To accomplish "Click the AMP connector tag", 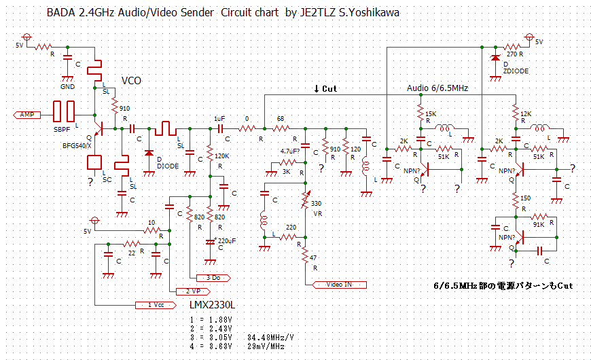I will tap(28, 115).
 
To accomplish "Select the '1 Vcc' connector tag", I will tap(154, 304).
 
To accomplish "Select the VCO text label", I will tap(131, 81).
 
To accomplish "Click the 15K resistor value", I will tap(431, 113).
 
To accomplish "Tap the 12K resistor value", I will tap(526, 113).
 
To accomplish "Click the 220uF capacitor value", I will tap(227, 240).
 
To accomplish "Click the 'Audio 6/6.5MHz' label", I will tap(437, 88).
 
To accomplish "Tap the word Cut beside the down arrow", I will tap(329, 89).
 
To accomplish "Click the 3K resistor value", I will tap(286, 172).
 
